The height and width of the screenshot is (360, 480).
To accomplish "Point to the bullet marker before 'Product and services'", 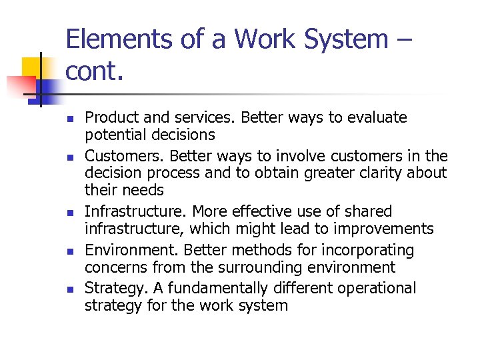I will click(69, 118).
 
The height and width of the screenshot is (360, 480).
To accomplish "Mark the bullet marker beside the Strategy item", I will click(69, 289).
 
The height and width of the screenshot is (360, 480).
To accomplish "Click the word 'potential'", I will click(113, 135).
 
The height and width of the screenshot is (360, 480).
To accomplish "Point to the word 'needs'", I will click(143, 190).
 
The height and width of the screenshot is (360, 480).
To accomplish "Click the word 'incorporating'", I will click(361, 250).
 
